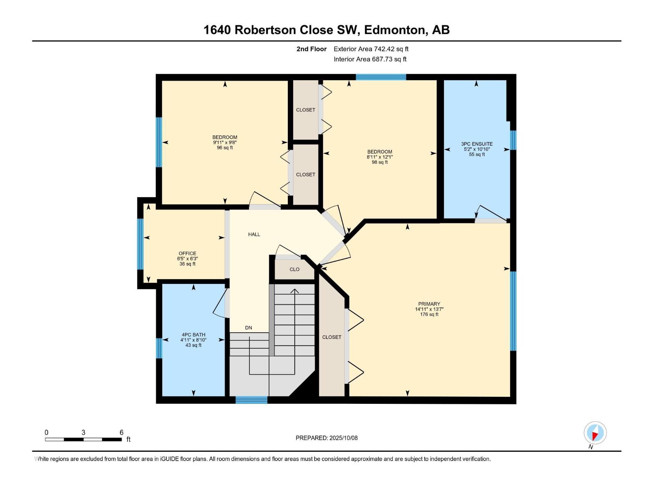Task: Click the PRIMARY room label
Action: [x=429, y=304]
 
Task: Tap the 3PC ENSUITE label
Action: [x=477, y=144]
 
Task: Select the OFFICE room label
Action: [x=187, y=253]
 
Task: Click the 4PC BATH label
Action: [x=193, y=335]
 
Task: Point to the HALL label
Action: [x=254, y=234]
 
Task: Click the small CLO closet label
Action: [x=294, y=269]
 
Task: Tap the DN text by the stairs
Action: [x=249, y=328]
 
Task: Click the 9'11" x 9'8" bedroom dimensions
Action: [x=224, y=142]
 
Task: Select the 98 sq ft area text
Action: [x=379, y=162]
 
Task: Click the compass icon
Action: [x=595, y=433]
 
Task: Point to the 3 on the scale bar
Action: [x=83, y=432]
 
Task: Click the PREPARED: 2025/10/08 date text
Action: [x=327, y=438]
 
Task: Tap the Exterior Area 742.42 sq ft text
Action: [x=371, y=49]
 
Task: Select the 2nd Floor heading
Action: [x=311, y=49]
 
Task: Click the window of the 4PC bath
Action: [x=159, y=348]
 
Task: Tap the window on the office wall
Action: [x=140, y=244]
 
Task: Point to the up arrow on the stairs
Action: [x=294, y=291]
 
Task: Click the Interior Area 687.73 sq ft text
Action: [x=370, y=59]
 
